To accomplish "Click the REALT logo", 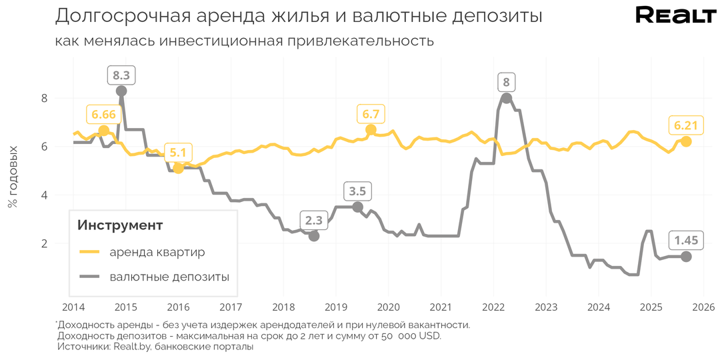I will tap(675, 16).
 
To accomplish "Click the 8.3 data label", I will tap(121, 75).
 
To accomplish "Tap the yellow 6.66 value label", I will tap(103, 115).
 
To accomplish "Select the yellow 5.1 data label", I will tap(178, 152).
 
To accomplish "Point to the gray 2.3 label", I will tap(314, 220).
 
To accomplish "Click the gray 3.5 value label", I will tap(357, 191).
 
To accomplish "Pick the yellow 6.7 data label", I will tap(371, 114).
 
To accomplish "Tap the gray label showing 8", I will tap(506, 83).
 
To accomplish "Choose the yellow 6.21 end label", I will tap(686, 125).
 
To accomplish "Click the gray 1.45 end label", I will tap(686, 241).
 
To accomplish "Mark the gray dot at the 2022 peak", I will tap(506, 98).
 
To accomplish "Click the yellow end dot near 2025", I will tap(686, 141).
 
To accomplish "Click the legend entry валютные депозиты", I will tap(169, 276).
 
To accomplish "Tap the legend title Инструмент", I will tap(120, 225).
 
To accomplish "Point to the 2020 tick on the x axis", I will tap(387, 307).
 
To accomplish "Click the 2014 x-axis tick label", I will tap(73, 307).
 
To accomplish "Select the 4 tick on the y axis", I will tap(45, 195).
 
